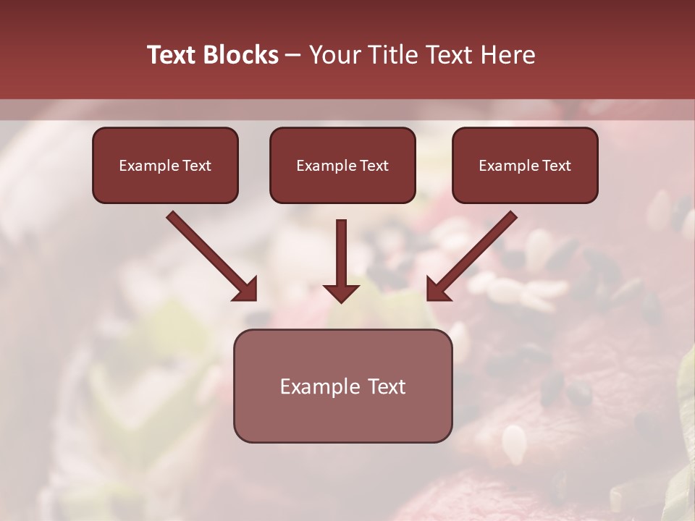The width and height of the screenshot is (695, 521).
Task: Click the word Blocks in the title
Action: point(241,55)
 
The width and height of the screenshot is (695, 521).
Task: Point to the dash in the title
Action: point(293,56)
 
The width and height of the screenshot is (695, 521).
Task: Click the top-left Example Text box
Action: point(165,165)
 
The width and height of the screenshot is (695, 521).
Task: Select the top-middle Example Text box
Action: point(342,165)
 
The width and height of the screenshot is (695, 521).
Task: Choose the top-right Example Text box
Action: point(525,165)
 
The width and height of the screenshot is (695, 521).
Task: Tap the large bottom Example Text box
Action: point(342,386)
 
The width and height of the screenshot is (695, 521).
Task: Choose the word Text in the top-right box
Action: point(556,166)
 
